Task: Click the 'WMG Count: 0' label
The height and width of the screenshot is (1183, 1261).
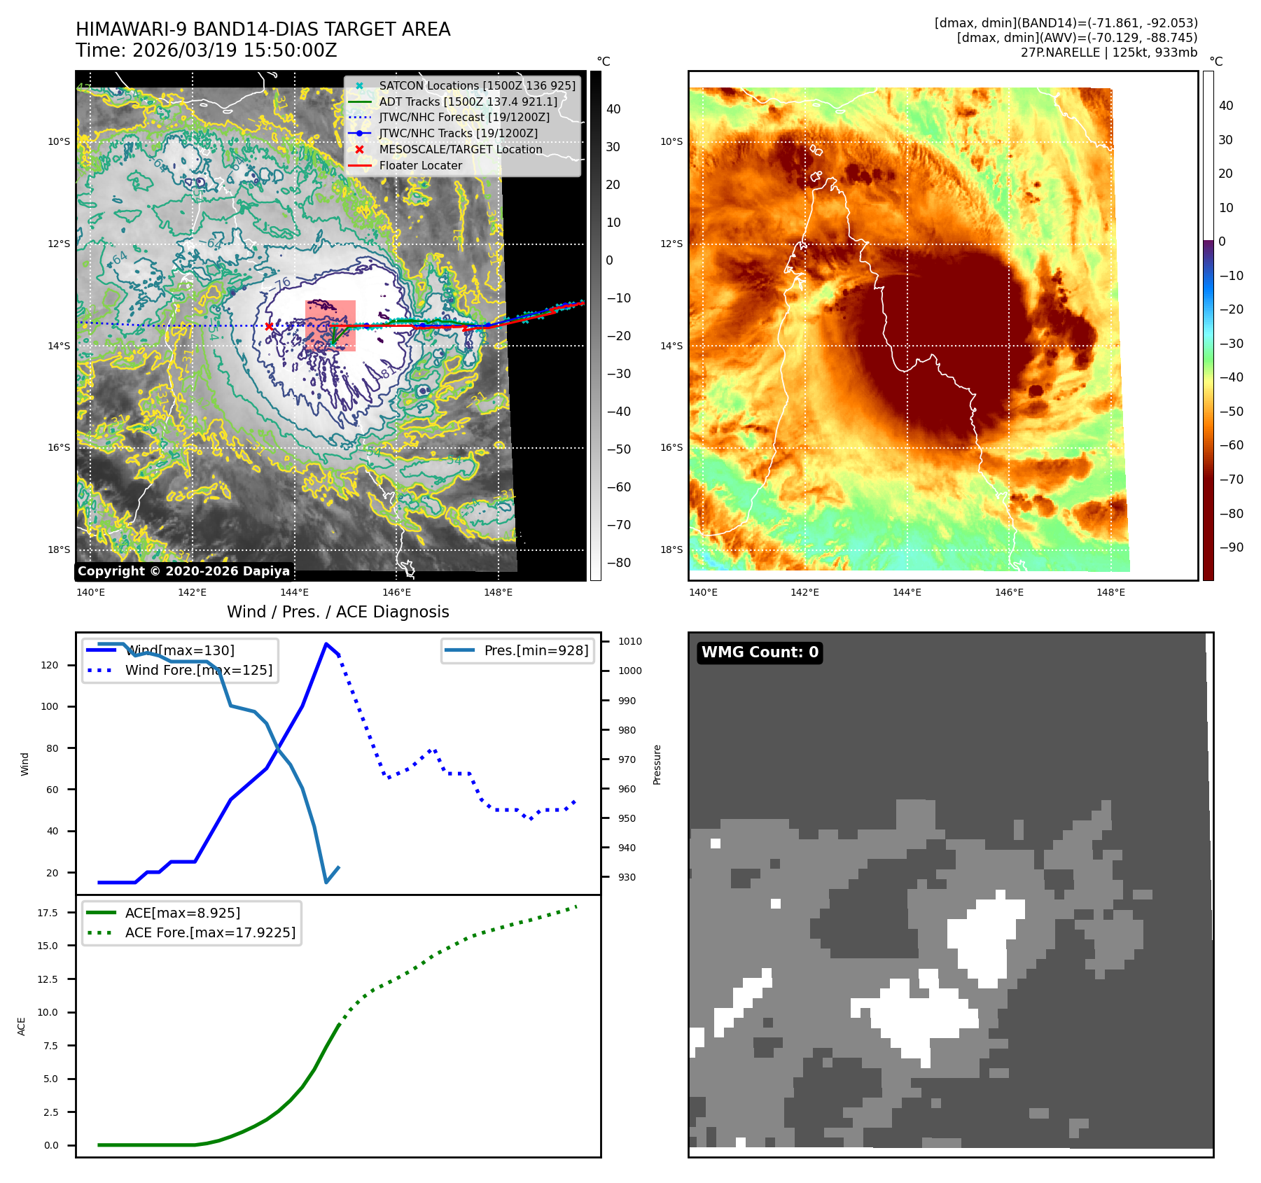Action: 760,652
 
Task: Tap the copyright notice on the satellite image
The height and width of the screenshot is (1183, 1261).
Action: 183,571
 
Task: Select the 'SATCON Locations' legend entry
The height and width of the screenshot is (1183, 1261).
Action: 477,85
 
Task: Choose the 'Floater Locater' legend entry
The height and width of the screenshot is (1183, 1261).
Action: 420,166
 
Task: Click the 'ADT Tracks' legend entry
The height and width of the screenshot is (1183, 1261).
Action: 468,101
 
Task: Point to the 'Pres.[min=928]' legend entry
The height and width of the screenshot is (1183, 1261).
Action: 536,650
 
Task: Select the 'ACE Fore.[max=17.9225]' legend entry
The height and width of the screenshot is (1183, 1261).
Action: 210,932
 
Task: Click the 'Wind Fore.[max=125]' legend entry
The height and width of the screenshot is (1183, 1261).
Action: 198,670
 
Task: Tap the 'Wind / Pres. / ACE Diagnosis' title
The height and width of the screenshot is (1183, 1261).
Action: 338,612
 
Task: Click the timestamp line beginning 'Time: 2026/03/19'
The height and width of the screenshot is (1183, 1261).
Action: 207,50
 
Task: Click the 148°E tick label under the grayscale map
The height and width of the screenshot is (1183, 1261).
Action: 498,592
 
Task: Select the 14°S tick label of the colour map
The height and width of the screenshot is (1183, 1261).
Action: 671,346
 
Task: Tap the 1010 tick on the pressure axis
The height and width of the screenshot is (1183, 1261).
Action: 629,641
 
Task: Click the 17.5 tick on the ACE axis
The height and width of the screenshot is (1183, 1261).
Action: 48,913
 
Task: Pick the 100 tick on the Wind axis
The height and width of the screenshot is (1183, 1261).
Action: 50,706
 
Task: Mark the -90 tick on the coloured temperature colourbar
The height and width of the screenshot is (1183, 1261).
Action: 1231,547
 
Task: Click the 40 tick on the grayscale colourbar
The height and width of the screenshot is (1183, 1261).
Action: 613,109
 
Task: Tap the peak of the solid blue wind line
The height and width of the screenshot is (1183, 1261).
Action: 326,644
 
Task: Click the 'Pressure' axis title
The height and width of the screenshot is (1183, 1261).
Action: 657,764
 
